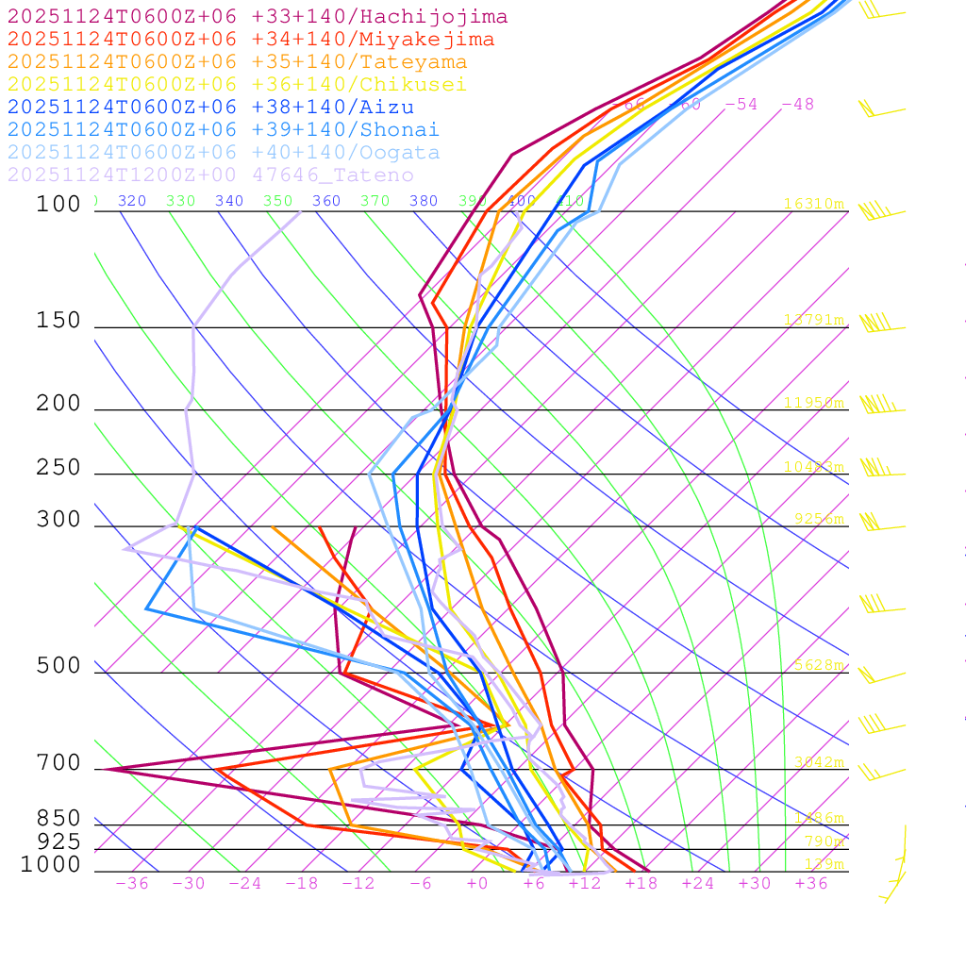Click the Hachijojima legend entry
coord(257,17)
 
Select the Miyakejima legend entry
coord(250,40)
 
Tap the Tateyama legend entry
coord(237,62)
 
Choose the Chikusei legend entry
coord(237,85)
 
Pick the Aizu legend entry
coord(210,108)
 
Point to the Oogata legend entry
coord(224,153)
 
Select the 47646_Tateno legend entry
coord(210,175)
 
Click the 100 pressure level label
coord(58,204)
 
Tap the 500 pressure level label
coord(58,666)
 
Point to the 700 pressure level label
coord(58,762)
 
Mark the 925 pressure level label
coord(58,841)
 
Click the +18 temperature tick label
coord(641,883)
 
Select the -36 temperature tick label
coord(131,883)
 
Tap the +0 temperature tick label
coord(476,883)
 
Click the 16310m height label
coord(813,204)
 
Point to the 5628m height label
coord(817,665)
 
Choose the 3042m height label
coord(817,762)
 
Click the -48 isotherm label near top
coord(797,105)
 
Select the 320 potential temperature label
coord(131,201)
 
